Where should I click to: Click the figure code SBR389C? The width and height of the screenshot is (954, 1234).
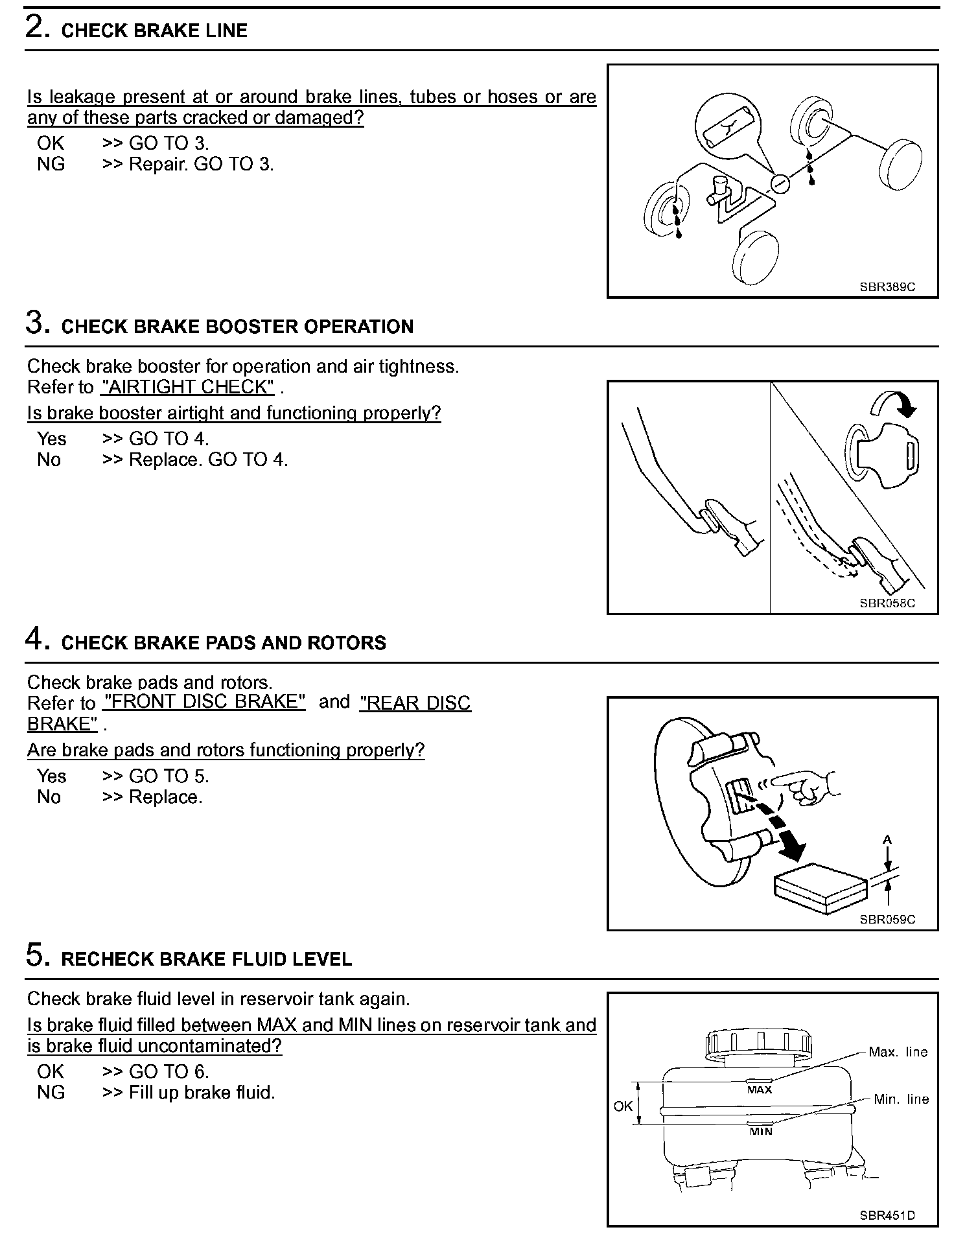coord(887,287)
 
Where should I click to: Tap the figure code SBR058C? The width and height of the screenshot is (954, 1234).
coord(887,603)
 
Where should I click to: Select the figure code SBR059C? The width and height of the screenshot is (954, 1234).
coord(887,919)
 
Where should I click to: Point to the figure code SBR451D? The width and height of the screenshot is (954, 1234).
coord(887,1215)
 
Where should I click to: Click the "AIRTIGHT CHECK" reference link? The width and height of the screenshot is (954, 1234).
coord(188,388)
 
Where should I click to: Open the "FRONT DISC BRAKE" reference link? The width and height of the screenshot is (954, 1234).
coord(204,703)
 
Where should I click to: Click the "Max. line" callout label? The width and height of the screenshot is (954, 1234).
coord(898,1053)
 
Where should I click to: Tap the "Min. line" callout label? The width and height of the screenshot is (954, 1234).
coord(901,1099)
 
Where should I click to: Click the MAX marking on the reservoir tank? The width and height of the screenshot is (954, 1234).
coord(759,1090)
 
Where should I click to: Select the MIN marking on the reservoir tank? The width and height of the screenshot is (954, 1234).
coord(761,1132)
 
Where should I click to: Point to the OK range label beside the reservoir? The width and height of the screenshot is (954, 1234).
coord(622,1106)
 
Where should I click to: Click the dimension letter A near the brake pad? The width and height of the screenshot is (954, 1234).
coord(887,840)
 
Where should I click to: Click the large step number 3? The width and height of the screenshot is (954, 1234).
coord(38,322)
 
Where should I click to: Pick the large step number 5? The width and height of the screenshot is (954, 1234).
coord(38,955)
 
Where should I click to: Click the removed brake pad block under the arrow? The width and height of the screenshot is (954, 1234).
coord(820,888)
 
